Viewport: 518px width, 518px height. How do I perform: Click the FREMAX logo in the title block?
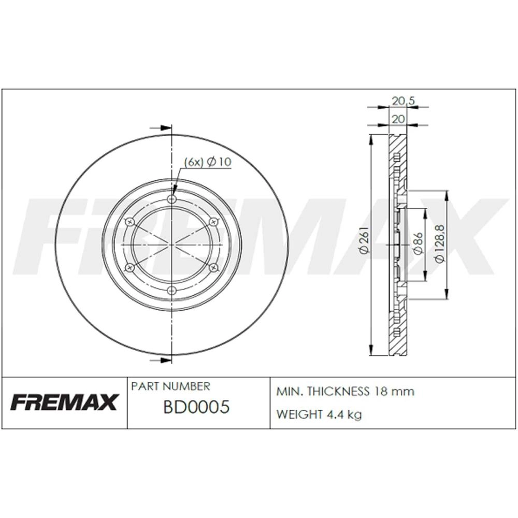[x=64, y=402]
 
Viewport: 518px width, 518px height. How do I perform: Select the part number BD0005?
[x=196, y=407]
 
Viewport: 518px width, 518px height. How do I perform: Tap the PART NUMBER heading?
[x=170, y=386]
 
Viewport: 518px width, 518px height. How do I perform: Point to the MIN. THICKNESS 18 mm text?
[x=345, y=392]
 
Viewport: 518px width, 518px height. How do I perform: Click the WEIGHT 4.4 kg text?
[x=319, y=414]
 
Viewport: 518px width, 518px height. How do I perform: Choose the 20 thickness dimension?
[x=398, y=119]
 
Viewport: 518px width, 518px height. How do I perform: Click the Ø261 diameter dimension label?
[x=364, y=240]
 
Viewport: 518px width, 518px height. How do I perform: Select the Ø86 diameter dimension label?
[x=418, y=243]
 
